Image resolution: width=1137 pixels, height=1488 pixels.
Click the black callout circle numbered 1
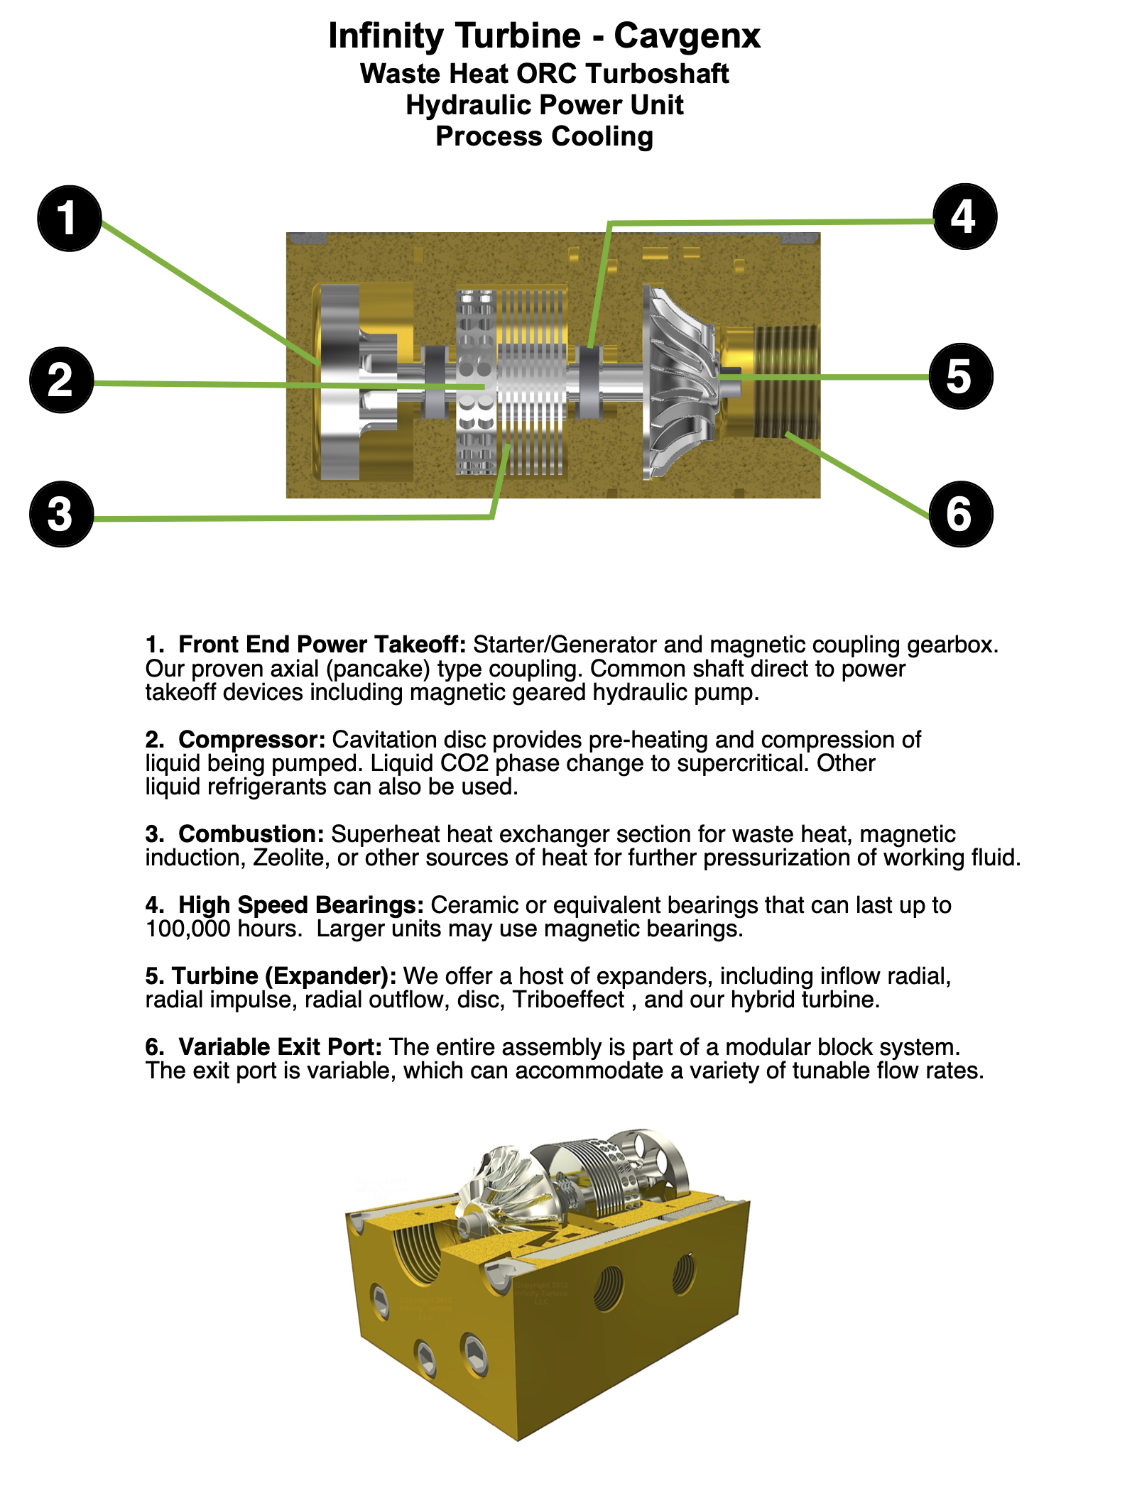[69, 218]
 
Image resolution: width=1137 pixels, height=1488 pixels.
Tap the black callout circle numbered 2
[61, 380]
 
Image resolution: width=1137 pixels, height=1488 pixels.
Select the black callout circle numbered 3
[61, 514]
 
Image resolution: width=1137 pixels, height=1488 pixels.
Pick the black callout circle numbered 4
[964, 217]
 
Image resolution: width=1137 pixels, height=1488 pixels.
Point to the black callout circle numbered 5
[960, 376]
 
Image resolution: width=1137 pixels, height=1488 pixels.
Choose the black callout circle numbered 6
[960, 514]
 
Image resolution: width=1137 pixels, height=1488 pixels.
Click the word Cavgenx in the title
[687, 35]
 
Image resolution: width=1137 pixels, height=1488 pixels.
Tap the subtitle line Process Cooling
[544, 136]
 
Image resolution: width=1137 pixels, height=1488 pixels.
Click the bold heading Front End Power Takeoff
[322, 644]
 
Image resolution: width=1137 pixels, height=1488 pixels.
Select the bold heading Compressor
[251, 739]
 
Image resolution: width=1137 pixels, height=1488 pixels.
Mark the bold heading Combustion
[251, 833]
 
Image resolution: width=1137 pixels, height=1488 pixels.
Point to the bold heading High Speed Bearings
[301, 904]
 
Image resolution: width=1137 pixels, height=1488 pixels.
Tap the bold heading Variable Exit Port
[280, 1046]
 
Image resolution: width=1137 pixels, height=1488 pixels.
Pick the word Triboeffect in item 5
[568, 1000]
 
